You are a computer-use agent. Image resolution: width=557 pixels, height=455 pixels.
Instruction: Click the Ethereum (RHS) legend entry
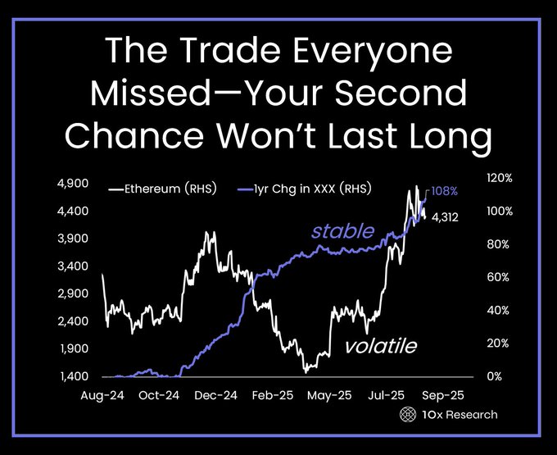tap(163, 189)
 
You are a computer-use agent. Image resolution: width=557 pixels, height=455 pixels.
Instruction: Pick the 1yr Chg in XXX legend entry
tap(305, 189)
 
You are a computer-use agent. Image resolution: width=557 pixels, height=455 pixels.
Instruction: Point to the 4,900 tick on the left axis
tap(74, 184)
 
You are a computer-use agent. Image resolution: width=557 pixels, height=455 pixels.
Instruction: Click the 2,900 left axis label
tap(74, 293)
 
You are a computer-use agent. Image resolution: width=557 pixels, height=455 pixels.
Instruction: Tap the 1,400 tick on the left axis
tap(74, 375)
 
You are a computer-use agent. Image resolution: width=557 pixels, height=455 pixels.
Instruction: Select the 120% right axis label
tap(500, 178)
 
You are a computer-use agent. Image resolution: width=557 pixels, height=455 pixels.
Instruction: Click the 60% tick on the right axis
tap(498, 277)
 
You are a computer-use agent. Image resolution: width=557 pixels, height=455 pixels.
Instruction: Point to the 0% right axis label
tap(495, 376)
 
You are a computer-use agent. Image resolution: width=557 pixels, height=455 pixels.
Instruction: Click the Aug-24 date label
tap(102, 395)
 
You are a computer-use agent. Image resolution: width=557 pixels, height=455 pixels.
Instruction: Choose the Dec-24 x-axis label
tap(215, 395)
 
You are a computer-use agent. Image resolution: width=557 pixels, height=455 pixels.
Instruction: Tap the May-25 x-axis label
tap(329, 395)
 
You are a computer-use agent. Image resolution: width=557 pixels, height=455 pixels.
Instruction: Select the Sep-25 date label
tap(443, 395)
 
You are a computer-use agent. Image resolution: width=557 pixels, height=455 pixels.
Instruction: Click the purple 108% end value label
tap(445, 191)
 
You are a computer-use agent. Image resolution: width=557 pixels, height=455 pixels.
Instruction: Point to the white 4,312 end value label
tap(445, 217)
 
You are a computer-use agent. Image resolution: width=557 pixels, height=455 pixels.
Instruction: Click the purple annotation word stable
tap(342, 231)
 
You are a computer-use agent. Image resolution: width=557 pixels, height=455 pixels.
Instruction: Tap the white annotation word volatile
tap(381, 345)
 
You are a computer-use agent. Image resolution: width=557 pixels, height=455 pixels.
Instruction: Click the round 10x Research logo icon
tap(408, 415)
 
